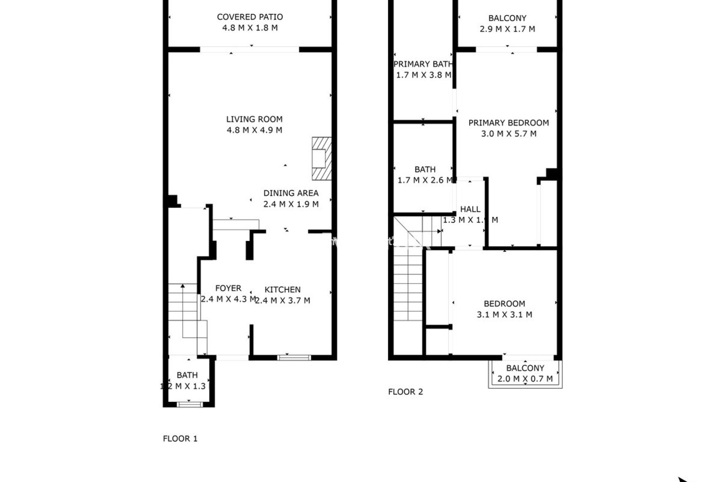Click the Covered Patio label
(x=250, y=17)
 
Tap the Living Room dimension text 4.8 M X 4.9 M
(x=254, y=130)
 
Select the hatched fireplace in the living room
(x=322, y=159)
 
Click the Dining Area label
(x=291, y=193)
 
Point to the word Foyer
(x=228, y=288)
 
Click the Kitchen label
(x=282, y=290)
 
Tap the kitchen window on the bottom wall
(x=294, y=357)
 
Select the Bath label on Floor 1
(x=187, y=375)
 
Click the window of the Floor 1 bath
(x=190, y=404)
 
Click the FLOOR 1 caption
(x=180, y=439)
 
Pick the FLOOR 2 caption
(x=405, y=392)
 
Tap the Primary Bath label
(x=423, y=64)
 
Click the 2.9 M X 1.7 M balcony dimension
(x=507, y=29)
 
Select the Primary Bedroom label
(x=508, y=123)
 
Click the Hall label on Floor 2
(x=470, y=209)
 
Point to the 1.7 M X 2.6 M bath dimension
(x=425, y=180)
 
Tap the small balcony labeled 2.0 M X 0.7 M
(x=525, y=374)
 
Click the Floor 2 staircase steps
(x=408, y=286)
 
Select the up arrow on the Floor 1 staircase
(x=183, y=287)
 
